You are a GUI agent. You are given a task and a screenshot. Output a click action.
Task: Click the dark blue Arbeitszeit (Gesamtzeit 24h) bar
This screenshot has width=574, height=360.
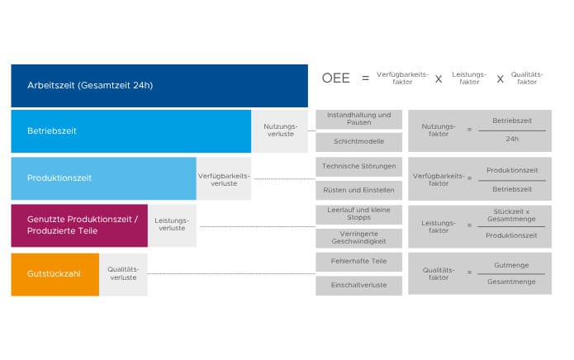click(159, 86)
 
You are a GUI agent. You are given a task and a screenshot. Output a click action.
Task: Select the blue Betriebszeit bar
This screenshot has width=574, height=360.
click(131, 131)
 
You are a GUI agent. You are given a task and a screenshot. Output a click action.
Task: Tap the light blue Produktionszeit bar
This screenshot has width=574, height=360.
click(103, 178)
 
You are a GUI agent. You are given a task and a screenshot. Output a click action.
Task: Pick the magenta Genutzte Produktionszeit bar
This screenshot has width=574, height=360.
click(79, 225)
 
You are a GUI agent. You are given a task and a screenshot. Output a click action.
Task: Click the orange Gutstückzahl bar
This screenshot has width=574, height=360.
click(55, 274)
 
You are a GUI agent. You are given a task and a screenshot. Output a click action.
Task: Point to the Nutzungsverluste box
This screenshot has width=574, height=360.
click(280, 131)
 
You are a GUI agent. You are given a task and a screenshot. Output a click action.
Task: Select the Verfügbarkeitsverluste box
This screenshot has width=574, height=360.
click(224, 178)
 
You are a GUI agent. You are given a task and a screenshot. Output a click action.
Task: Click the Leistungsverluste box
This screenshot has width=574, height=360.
click(172, 225)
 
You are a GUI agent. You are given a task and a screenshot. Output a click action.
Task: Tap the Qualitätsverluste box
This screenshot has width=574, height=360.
click(123, 274)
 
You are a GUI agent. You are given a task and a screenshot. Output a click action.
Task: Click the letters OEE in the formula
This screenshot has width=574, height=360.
click(335, 78)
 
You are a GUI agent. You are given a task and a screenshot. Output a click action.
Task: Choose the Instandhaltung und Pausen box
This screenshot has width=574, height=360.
click(358, 119)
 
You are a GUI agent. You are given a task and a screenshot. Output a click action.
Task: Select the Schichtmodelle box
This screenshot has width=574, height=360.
click(358, 142)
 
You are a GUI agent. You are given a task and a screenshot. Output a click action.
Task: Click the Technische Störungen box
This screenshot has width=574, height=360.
click(358, 167)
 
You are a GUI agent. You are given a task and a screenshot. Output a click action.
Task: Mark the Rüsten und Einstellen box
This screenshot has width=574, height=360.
click(358, 190)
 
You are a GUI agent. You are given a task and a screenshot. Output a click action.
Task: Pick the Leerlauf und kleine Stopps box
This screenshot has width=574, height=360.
click(358, 215)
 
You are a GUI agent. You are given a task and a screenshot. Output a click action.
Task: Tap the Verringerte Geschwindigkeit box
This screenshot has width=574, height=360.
click(358, 238)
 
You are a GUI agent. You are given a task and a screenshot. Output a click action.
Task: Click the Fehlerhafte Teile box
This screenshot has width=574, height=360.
click(358, 262)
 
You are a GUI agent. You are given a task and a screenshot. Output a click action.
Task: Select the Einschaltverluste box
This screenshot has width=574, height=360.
click(358, 286)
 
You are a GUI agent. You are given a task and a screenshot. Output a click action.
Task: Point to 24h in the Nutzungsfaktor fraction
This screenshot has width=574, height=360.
click(512, 139)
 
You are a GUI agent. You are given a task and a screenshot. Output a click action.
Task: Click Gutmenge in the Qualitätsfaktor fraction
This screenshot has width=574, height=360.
click(511, 265)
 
